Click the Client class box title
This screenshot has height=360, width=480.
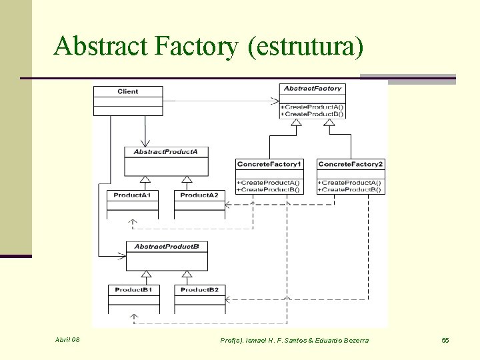[127, 91]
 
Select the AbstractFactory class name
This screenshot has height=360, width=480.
[312, 89]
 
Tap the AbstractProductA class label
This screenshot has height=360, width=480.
[165, 152]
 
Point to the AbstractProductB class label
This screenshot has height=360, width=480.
[166, 247]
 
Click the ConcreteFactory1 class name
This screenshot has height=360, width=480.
[269, 164]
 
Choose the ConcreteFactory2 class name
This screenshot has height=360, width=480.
[351, 164]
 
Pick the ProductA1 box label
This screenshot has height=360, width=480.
[132, 195]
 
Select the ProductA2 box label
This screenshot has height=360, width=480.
[199, 195]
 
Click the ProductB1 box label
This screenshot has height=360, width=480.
[133, 290]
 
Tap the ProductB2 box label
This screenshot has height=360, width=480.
[199, 290]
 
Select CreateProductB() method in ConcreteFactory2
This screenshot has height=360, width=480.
[351, 190]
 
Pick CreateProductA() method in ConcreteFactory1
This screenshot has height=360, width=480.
[269, 183]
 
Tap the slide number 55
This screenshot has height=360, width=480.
[445, 341]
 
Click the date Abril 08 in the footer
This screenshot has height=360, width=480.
[67, 340]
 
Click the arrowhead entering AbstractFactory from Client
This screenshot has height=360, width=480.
[275, 101]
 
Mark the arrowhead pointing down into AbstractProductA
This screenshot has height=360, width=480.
[143, 143]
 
